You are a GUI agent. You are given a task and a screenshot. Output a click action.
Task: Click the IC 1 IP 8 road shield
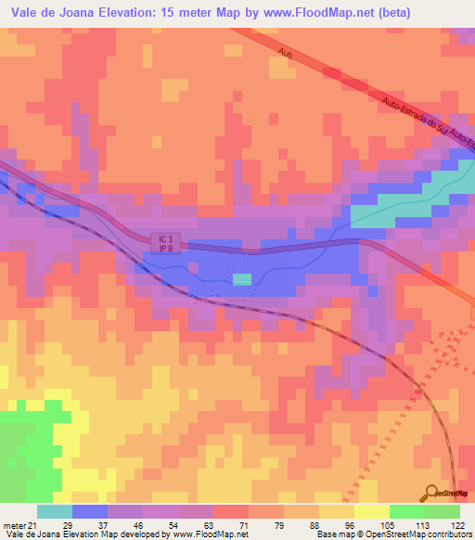point(163,240)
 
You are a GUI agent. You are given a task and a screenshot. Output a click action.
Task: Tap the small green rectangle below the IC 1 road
point(241,279)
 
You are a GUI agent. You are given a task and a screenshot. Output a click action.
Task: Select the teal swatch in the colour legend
point(55,512)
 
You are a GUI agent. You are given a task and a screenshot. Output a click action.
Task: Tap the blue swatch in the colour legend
point(90,512)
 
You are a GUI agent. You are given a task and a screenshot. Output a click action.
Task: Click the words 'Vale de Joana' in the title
point(50,12)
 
